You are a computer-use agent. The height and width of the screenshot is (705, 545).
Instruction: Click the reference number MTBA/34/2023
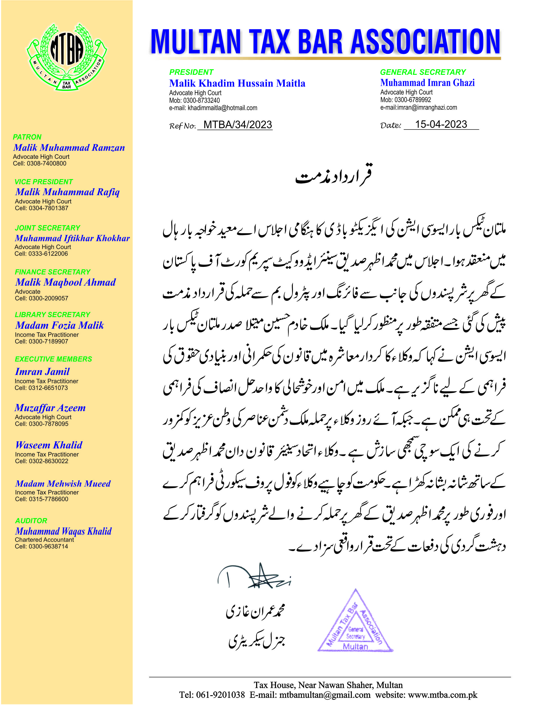238,125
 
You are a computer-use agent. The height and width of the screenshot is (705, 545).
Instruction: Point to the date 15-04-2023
441,124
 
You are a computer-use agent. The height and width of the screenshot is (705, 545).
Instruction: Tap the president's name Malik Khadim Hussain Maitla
237,83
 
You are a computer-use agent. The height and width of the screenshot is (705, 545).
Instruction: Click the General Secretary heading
423,72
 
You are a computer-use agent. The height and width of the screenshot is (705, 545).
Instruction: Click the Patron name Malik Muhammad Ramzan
69,148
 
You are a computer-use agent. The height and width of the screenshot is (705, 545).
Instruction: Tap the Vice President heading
44,182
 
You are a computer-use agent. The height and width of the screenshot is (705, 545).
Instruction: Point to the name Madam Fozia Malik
60,325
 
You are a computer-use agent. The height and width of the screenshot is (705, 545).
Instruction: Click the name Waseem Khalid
49,445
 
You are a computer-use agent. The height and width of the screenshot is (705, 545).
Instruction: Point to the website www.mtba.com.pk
443,695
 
